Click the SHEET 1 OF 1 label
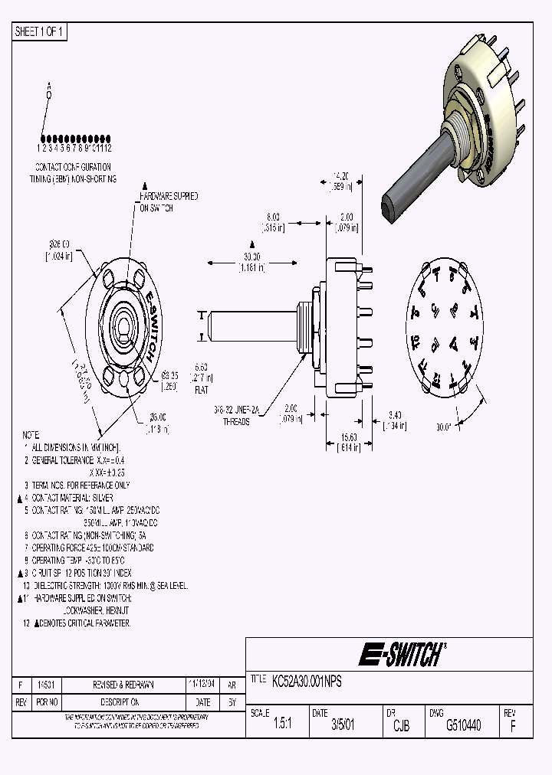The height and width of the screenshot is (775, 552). point(41,31)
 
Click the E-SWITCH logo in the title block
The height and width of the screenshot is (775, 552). point(400,654)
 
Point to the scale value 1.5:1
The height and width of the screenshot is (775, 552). point(282,724)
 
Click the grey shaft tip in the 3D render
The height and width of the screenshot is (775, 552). point(389,204)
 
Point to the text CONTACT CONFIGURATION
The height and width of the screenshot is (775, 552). point(74,166)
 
